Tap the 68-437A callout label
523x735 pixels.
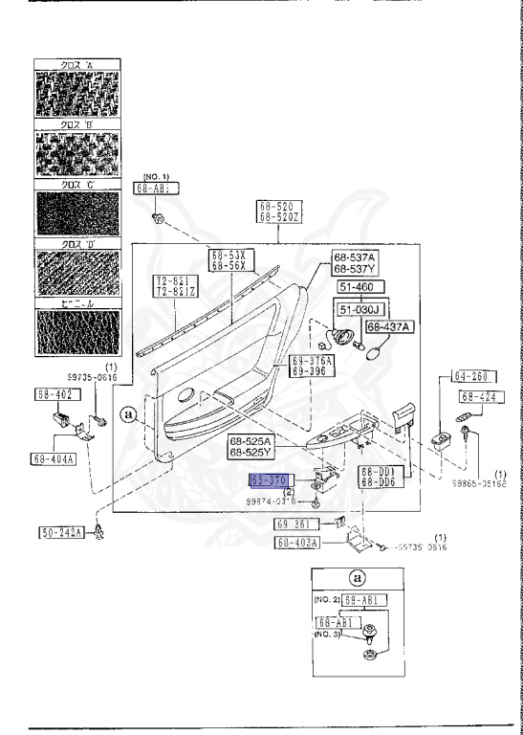coord(390,326)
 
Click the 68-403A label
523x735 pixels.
coord(298,543)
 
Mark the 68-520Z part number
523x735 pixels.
coord(278,218)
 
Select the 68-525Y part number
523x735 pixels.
coord(251,452)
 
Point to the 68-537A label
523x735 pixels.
coord(355,257)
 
